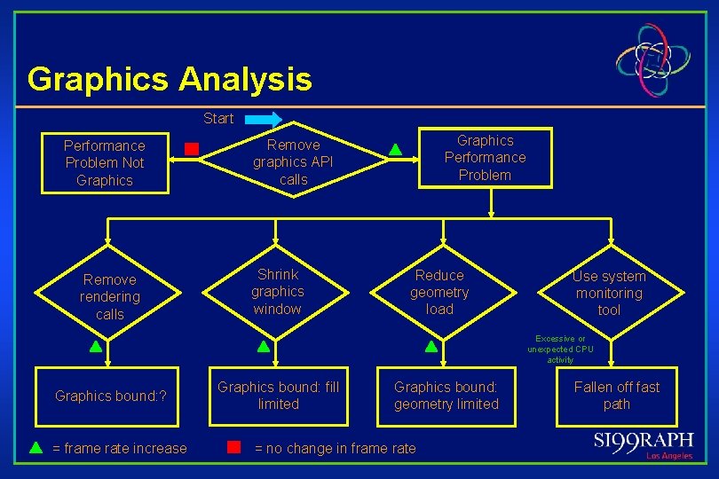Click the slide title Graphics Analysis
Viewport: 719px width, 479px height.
[170, 79]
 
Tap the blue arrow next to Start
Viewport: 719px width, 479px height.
[263, 118]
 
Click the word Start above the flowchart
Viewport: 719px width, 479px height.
[218, 118]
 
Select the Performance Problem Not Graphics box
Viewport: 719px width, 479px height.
[105, 163]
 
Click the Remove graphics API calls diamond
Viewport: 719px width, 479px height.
[293, 161]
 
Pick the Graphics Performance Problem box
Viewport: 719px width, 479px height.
[485, 158]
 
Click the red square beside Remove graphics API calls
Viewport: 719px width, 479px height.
[191, 149]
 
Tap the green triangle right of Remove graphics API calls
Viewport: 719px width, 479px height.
[396, 150]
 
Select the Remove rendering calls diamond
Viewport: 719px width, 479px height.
[110, 296]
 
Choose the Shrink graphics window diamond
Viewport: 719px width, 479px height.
[277, 292]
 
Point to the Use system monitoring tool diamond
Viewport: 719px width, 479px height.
[609, 293]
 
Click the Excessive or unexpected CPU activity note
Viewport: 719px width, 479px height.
[560, 349]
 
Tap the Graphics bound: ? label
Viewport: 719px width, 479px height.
[111, 396]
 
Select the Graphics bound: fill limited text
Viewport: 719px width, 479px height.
[278, 395]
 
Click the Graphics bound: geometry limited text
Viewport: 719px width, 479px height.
[446, 395]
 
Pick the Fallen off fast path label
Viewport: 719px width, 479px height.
[617, 395]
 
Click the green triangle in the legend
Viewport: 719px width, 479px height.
[36, 448]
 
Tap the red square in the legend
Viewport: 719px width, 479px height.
[234, 447]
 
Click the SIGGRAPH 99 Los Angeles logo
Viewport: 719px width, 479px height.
[644, 444]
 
